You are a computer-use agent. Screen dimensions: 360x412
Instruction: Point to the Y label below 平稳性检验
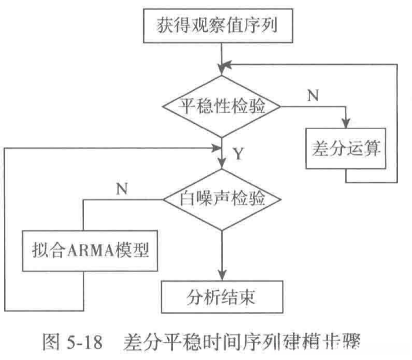coord(238,154)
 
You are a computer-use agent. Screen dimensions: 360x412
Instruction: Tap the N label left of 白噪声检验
coord(122,189)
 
